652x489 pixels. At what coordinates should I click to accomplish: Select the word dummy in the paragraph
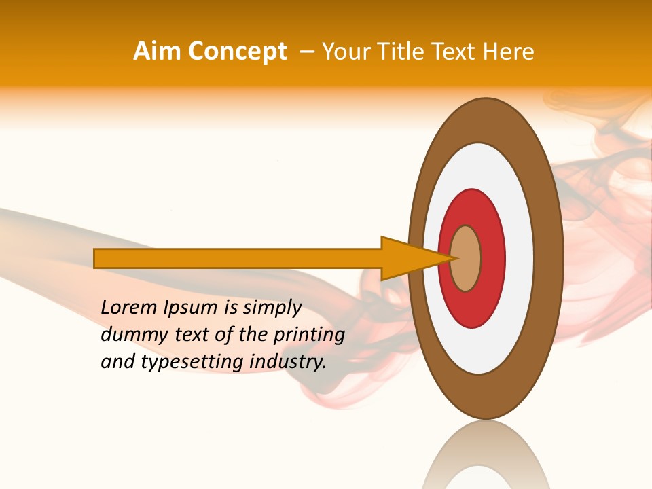(x=130, y=335)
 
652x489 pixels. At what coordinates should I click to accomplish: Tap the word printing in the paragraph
(x=308, y=335)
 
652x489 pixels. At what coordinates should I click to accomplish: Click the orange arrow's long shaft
(x=238, y=258)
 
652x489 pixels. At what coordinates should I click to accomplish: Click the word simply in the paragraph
(x=272, y=308)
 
